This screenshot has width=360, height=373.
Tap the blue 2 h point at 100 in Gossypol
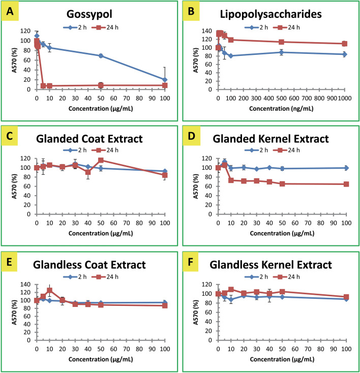point(165,80)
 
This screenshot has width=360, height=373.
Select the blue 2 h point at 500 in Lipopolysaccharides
point(281,52)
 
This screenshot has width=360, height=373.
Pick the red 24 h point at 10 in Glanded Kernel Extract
point(231,180)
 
